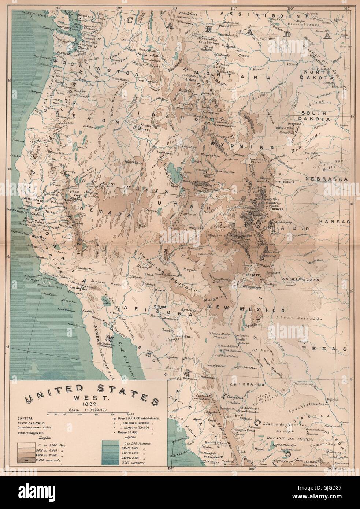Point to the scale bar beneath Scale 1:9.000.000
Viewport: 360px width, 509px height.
click(86, 414)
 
